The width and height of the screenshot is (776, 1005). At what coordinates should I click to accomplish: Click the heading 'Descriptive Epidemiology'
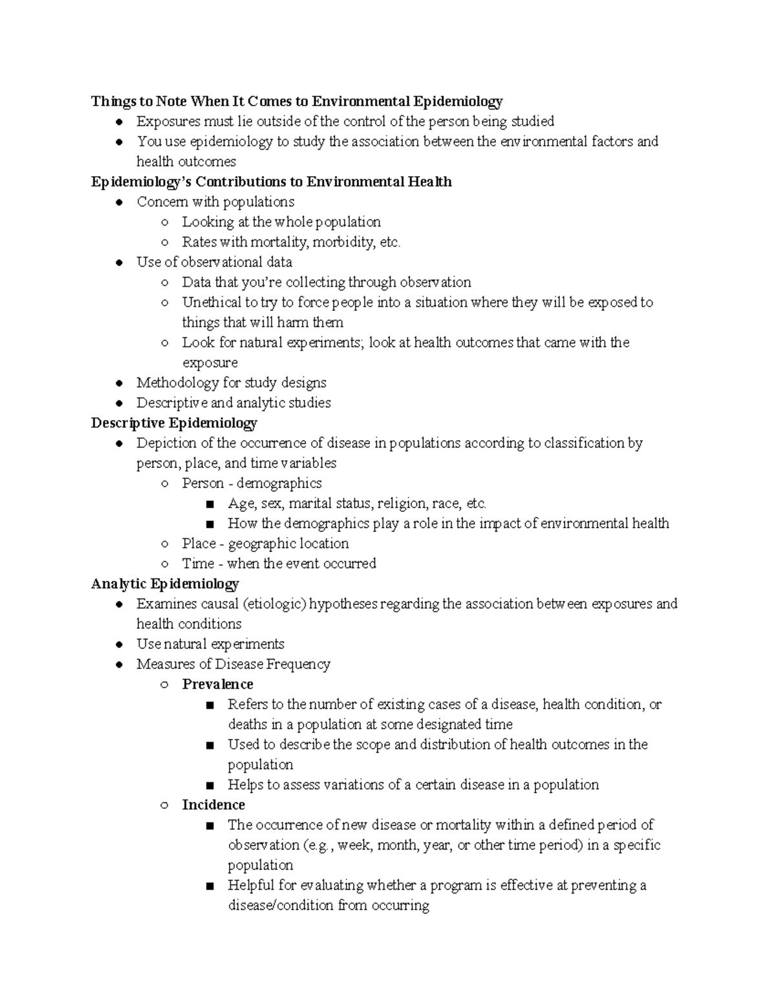pos(174,423)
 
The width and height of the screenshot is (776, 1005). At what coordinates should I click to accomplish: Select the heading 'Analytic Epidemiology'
pos(165,584)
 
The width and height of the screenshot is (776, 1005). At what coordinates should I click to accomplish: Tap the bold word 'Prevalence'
pos(217,684)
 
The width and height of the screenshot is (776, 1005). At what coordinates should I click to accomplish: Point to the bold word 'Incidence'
pos(213,804)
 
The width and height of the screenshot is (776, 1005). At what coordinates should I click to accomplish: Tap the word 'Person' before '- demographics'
pos(203,483)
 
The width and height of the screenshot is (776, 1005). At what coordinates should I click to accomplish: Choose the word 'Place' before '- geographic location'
pos(199,544)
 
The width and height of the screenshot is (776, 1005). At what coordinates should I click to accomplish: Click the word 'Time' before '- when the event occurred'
pos(198,564)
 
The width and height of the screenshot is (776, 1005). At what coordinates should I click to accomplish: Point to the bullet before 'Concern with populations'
pos(119,203)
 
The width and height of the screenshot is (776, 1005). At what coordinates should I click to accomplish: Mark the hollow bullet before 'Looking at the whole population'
pos(165,223)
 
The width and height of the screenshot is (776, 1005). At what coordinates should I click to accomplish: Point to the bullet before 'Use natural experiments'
pos(119,645)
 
